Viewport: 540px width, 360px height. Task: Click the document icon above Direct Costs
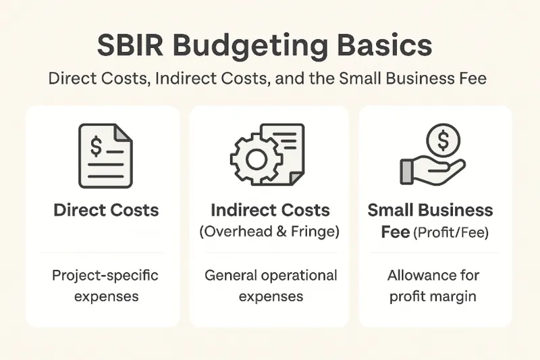[106, 155]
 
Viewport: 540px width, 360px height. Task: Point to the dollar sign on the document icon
[97, 144]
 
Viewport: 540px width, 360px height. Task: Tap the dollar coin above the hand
[443, 140]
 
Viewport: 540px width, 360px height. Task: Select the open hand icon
[429, 170]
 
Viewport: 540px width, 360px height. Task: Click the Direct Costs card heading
[106, 210]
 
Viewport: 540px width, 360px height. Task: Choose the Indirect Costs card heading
[270, 210]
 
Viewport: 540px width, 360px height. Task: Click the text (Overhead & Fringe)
[270, 232]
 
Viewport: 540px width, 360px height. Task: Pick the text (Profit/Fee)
[452, 232]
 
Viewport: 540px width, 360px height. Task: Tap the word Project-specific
[106, 276]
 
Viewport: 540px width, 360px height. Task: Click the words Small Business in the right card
[430, 210]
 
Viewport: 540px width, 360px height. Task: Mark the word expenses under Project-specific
[106, 297]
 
